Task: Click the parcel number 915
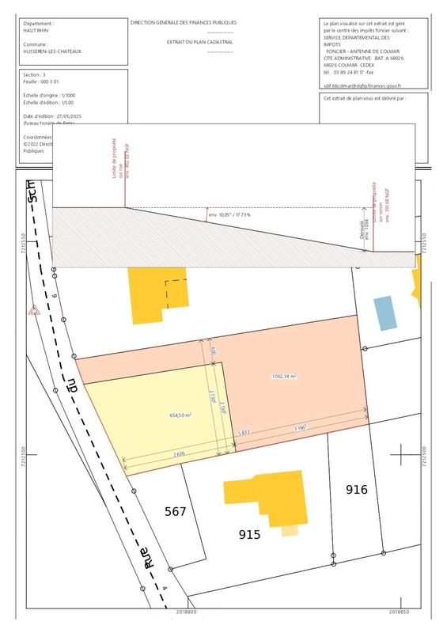click(249, 535)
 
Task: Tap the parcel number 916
click(357, 490)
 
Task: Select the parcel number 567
click(175, 512)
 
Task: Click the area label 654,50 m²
click(181, 415)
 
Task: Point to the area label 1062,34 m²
click(283, 377)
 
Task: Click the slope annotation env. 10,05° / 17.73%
click(229, 214)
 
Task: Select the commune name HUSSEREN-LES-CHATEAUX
click(53, 50)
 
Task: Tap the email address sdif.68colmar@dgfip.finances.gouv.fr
click(362, 85)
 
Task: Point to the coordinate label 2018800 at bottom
click(187, 612)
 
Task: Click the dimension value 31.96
click(300, 428)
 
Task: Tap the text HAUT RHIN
click(37, 31)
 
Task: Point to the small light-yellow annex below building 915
click(290, 531)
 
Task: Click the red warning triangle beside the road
click(33, 312)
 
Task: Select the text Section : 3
click(36, 73)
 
